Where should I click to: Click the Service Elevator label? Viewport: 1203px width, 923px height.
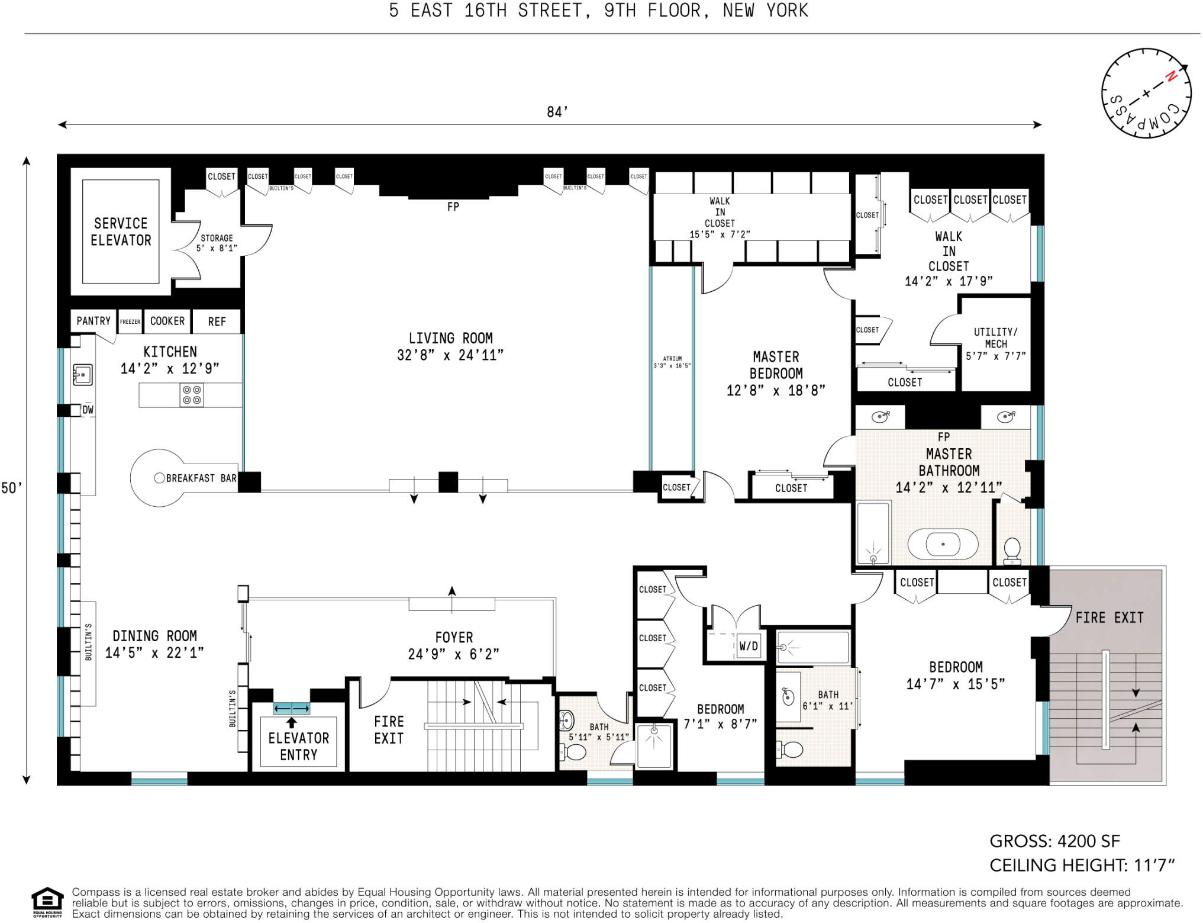coord(121,231)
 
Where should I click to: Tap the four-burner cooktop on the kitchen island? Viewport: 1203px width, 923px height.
coord(192,395)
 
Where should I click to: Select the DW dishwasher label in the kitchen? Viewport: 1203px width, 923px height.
coord(88,410)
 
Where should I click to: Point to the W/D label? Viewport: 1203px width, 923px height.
coord(748,646)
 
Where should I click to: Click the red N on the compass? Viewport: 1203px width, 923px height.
coord(1170,76)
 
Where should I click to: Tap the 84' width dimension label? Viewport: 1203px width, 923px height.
coord(557,112)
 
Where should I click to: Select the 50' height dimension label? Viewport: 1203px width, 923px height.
coord(11,488)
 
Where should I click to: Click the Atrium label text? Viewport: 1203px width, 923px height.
coord(672,362)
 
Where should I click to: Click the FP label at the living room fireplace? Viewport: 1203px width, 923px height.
coord(453,207)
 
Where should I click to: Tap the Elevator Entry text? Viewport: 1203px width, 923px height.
coord(298,746)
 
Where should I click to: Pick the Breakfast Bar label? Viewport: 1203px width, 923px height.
coord(201,478)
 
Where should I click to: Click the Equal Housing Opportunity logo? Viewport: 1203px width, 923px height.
coord(47,901)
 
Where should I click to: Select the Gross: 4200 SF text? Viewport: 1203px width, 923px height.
coord(1054,841)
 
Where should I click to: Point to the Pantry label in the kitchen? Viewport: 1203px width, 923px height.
coord(93,321)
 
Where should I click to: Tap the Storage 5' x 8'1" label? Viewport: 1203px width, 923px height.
coord(217,243)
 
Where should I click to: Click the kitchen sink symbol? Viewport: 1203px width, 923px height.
coord(82,375)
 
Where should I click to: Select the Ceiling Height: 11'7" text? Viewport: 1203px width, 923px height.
coord(1082,866)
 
